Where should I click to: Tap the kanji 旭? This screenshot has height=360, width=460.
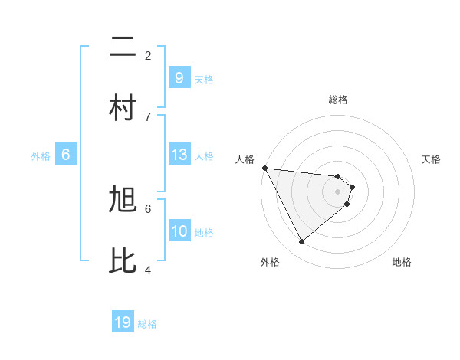click(123, 201)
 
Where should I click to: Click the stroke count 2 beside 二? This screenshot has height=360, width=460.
click(148, 55)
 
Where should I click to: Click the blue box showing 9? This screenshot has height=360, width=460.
click(179, 78)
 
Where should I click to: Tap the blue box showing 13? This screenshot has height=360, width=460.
click(179, 155)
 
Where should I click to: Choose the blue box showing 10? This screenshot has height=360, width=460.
click(179, 231)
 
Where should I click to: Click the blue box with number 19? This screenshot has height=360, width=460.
click(123, 322)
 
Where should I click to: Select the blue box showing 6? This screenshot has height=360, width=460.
click(66, 155)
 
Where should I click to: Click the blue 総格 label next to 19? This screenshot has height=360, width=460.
click(147, 324)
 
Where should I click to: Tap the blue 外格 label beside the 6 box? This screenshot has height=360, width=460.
click(41, 156)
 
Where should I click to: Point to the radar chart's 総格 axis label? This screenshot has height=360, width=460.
click(337, 100)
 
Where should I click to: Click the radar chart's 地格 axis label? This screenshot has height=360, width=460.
click(402, 262)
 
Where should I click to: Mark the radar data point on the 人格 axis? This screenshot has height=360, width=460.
click(264, 168)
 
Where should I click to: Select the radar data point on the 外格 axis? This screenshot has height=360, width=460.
click(301, 241)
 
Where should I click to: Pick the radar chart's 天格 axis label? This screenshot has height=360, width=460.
click(431, 159)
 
